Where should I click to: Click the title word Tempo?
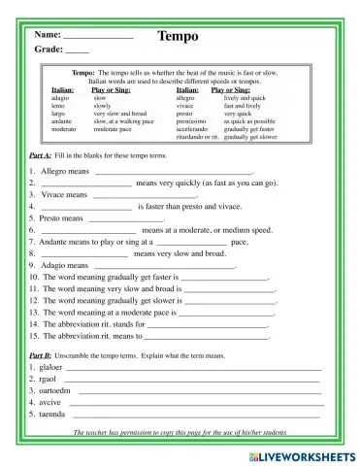pyautogui.click(x=177, y=36)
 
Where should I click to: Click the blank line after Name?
pyautogui.click(x=99, y=37)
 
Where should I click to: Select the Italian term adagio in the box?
pyautogui.click(x=61, y=99)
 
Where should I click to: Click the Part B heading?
pyautogui.click(x=41, y=355)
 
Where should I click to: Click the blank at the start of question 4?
pyautogui.click(x=85, y=207)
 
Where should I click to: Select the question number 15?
pyautogui.click(x=33, y=335)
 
